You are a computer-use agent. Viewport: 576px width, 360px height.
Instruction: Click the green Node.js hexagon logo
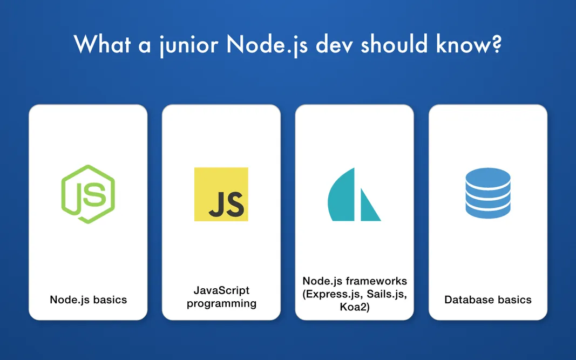click(x=88, y=194)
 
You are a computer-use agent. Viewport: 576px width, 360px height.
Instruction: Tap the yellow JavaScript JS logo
click(x=221, y=194)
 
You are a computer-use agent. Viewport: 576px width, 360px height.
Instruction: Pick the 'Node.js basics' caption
click(x=88, y=300)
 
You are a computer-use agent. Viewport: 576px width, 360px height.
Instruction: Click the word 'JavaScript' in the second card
click(x=221, y=291)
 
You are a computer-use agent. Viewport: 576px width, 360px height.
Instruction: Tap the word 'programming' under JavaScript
click(x=221, y=303)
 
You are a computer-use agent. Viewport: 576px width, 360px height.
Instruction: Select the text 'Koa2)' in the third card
click(x=354, y=307)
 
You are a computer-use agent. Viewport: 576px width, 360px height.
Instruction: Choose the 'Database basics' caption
click(x=488, y=300)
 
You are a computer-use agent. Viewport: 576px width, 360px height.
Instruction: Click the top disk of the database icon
click(x=487, y=178)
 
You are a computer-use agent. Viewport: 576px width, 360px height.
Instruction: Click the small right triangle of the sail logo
click(x=369, y=208)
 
